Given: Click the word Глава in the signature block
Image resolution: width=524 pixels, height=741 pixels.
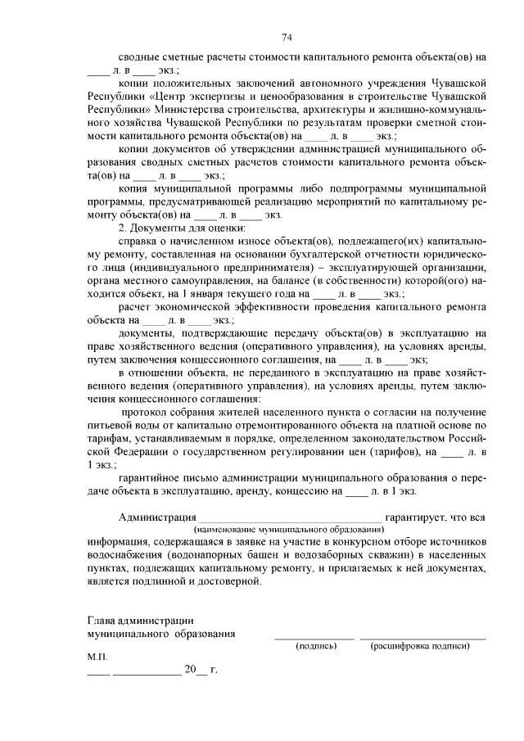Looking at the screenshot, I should (102, 621).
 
